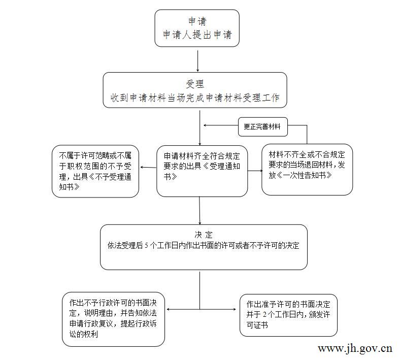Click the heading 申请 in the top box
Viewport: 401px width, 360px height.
click(197, 21)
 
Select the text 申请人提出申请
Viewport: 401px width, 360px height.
click(197, 35)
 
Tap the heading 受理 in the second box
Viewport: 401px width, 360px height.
click(195, 84)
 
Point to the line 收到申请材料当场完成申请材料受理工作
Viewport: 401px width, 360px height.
click(195, 97)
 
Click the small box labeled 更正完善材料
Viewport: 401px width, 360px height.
click(262, 126)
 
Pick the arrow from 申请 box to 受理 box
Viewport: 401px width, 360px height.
click(197, 61)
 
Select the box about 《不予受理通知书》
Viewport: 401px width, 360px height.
click(95, 171)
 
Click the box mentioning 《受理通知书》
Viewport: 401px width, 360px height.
click(202, 171)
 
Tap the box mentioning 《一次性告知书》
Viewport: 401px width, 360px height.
click(307, 170)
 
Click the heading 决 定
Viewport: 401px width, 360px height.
click(204, 235)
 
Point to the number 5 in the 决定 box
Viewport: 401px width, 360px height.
click(146, 246)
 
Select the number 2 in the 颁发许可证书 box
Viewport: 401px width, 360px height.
click(264, 314)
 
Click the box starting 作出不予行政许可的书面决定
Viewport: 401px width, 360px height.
click(113, 319)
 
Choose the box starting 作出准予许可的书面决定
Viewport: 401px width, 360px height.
click(288, 315)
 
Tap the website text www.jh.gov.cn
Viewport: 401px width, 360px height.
click(355, 349)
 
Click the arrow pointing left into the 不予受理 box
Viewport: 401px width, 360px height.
click(148, 168)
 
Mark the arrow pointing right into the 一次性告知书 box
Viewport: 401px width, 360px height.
click(255, 171)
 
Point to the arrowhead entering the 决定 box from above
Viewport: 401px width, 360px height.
click(199, 222)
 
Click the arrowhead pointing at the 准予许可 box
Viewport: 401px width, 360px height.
click(234, 309)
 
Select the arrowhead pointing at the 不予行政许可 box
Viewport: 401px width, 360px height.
click(169, 309)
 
